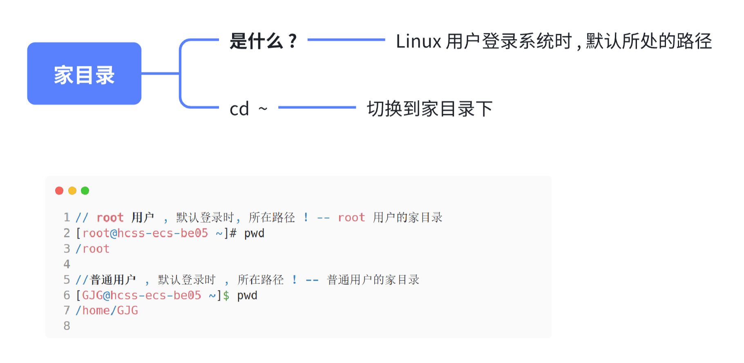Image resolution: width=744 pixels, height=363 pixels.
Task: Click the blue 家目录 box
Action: (x=84, y=74)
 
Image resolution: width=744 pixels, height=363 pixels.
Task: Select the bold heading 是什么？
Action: (x=264, y=41)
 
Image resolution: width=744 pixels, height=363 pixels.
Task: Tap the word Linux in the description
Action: (x=418, y=42)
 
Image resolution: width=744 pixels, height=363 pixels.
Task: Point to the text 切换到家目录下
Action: (x=429, y=109)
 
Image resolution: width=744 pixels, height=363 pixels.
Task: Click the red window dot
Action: (x=59, y=190)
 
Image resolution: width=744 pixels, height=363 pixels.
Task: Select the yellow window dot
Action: (x=72, y=190)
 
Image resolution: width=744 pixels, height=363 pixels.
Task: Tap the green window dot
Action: (x=85, y=190)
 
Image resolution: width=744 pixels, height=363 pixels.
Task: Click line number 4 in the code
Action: (x=67, y=264)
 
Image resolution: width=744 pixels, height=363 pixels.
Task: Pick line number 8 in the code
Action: (x=67, y=325)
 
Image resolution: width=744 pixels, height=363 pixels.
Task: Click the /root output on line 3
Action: (x=93, y=248)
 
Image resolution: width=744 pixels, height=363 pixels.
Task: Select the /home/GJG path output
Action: (x=107, y=310)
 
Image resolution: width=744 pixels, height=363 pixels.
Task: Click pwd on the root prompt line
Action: (x=254, y=233)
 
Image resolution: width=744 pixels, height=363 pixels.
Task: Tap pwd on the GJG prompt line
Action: (x=247, y=295)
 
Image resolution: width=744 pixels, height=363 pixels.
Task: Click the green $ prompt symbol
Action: (x=226, y=295)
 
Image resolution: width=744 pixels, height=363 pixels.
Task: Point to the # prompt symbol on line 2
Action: (x=233, y=233)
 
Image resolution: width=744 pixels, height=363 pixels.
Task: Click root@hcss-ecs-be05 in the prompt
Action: (x=145, y=233)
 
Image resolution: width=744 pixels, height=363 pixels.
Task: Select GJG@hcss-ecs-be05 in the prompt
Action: (x=141, y=295)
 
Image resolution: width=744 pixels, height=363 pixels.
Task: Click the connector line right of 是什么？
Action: (x=346, y=40)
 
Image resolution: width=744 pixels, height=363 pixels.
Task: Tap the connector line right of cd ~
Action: (x=317, y=108)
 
